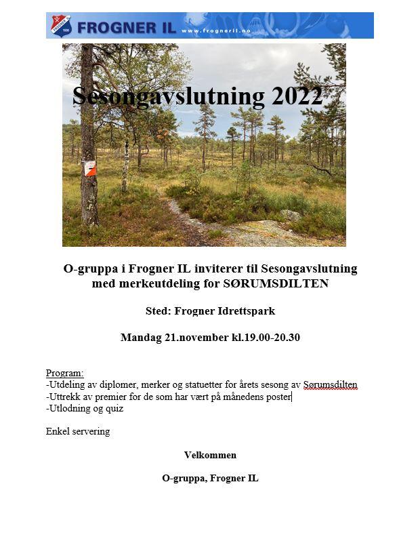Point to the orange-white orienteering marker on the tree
pos(89,167)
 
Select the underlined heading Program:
pos(65,373)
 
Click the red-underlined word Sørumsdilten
pos(330,384)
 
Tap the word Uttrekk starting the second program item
pos(64,397)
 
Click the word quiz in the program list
pos(113,408)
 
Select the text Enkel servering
pos(78,431)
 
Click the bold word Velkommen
pos(210,455)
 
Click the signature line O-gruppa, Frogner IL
pos(210,478)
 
